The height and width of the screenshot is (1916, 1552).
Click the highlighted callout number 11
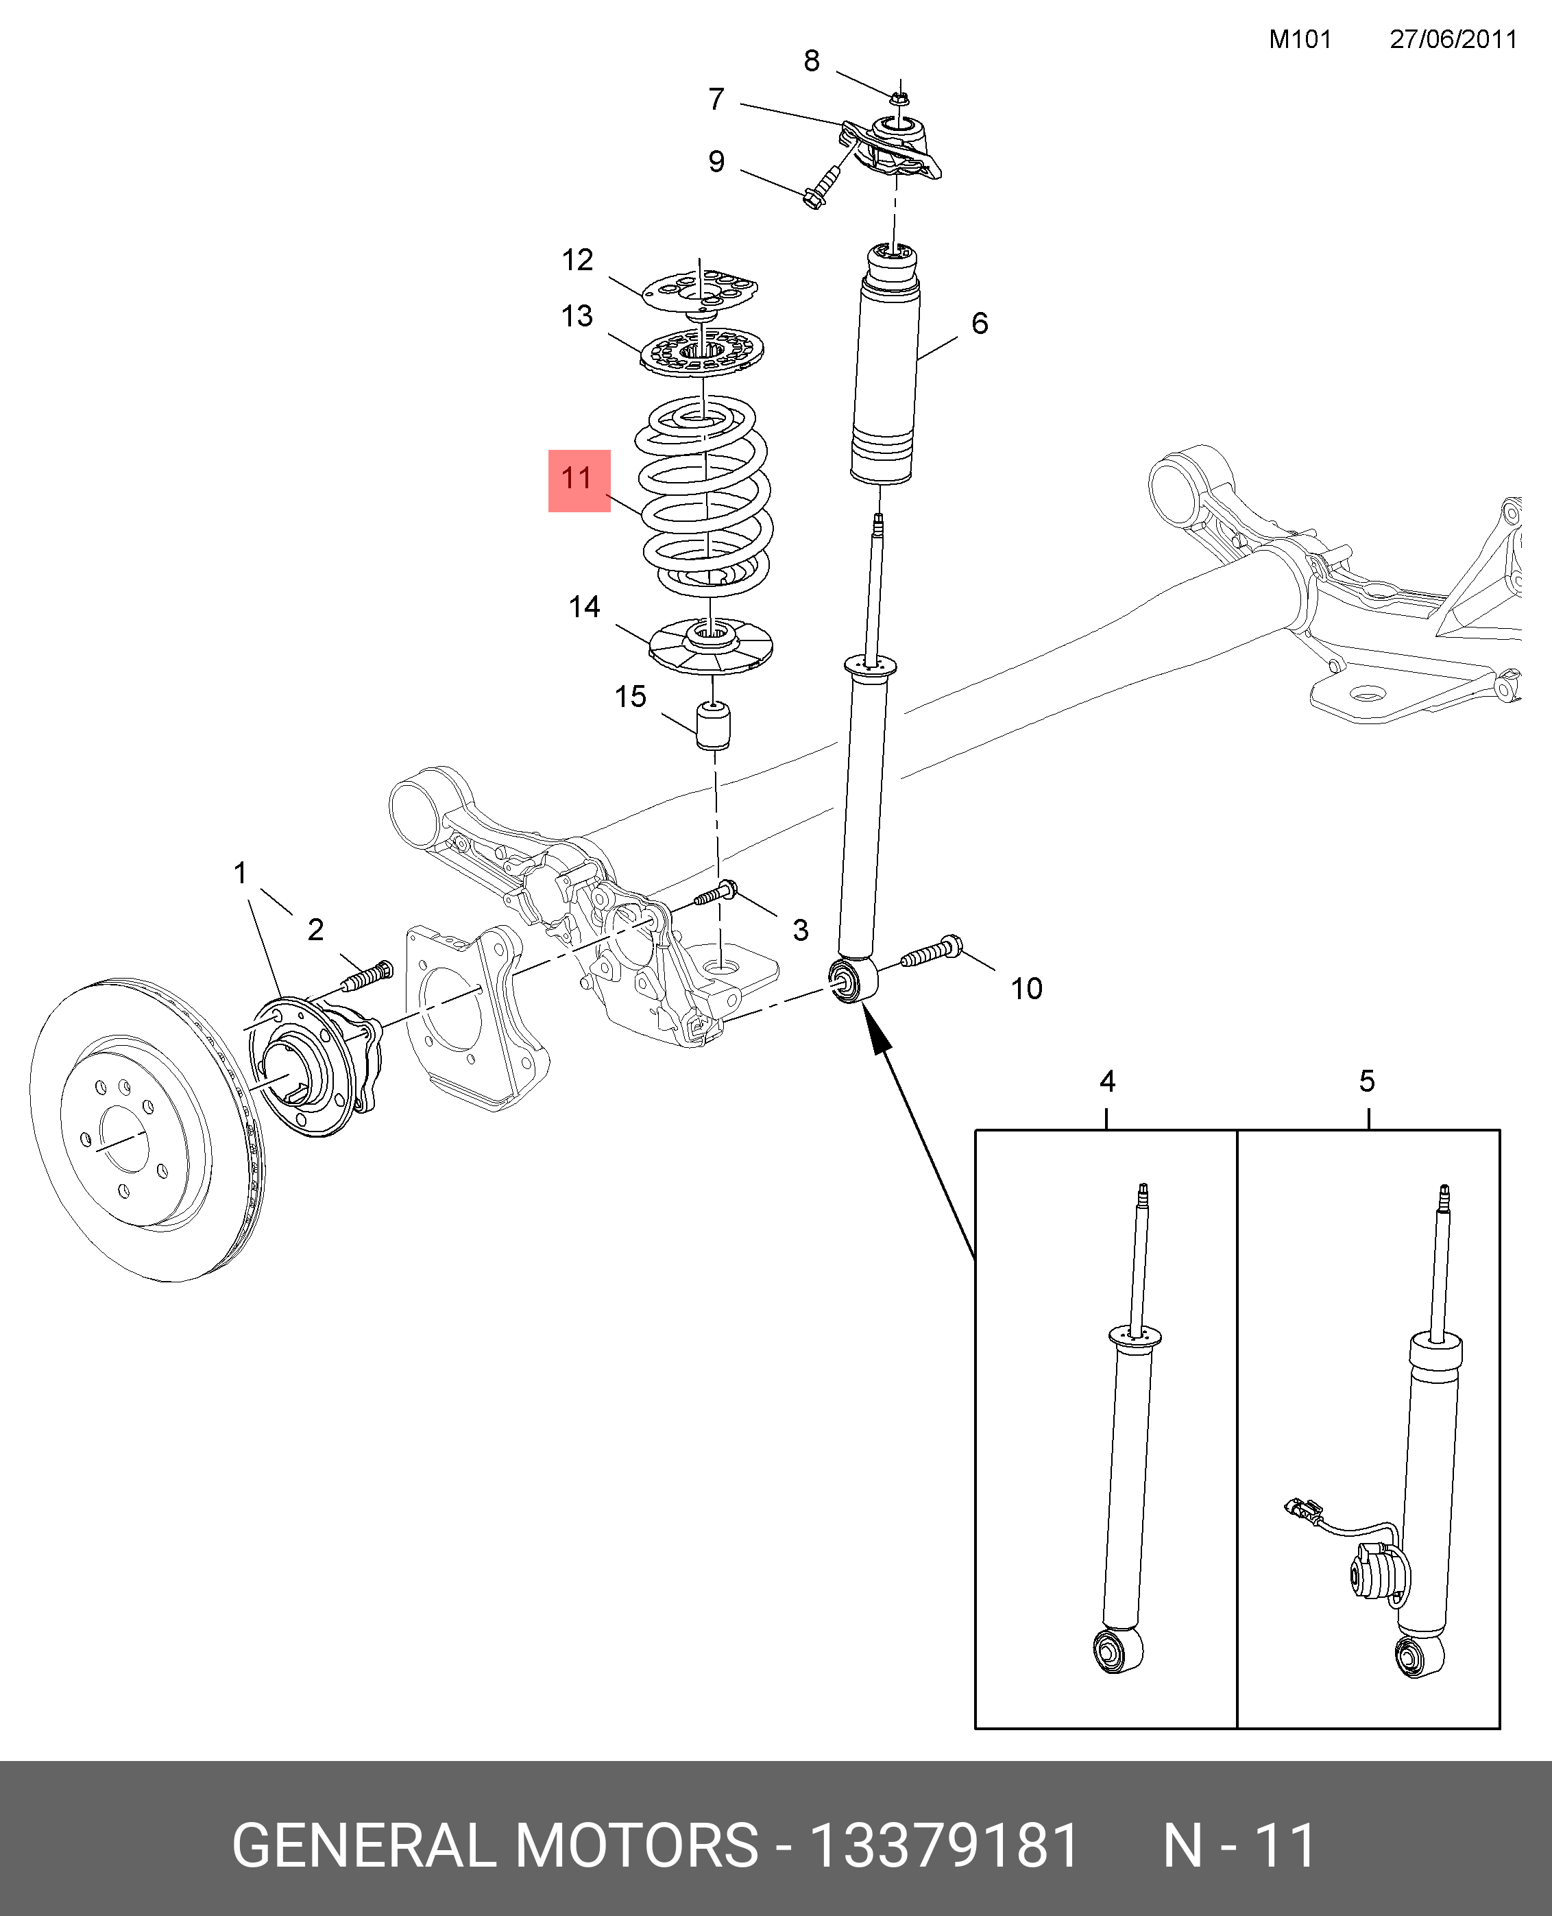577,479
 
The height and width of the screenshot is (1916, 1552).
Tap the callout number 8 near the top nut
812,61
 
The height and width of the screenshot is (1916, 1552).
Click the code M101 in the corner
1300,39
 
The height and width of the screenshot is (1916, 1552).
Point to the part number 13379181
944,1846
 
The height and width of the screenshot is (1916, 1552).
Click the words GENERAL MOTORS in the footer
495,1846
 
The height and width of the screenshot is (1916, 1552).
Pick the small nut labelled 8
900,96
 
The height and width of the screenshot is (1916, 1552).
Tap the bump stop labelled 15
712,725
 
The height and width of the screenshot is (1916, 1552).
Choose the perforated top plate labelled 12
701,291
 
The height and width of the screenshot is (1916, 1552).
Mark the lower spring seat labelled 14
710,645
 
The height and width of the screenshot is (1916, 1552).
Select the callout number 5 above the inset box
1367,1081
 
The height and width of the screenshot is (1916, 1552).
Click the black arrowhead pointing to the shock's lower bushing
878,1032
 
